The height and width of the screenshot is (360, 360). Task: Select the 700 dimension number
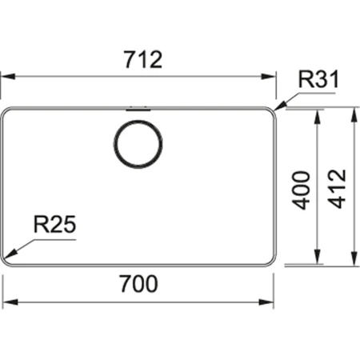[139, 284]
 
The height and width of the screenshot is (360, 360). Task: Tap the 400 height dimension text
[300, 189]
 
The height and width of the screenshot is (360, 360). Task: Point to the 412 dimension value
[336, 189]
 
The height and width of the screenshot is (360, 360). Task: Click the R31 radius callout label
[318, 80]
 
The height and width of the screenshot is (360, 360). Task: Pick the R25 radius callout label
[54, 226]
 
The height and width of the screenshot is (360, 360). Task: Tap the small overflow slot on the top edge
[138, 105]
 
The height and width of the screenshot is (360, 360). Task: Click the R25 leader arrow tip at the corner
[7, 258]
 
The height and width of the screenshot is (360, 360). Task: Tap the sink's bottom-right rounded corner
[273, 261]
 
